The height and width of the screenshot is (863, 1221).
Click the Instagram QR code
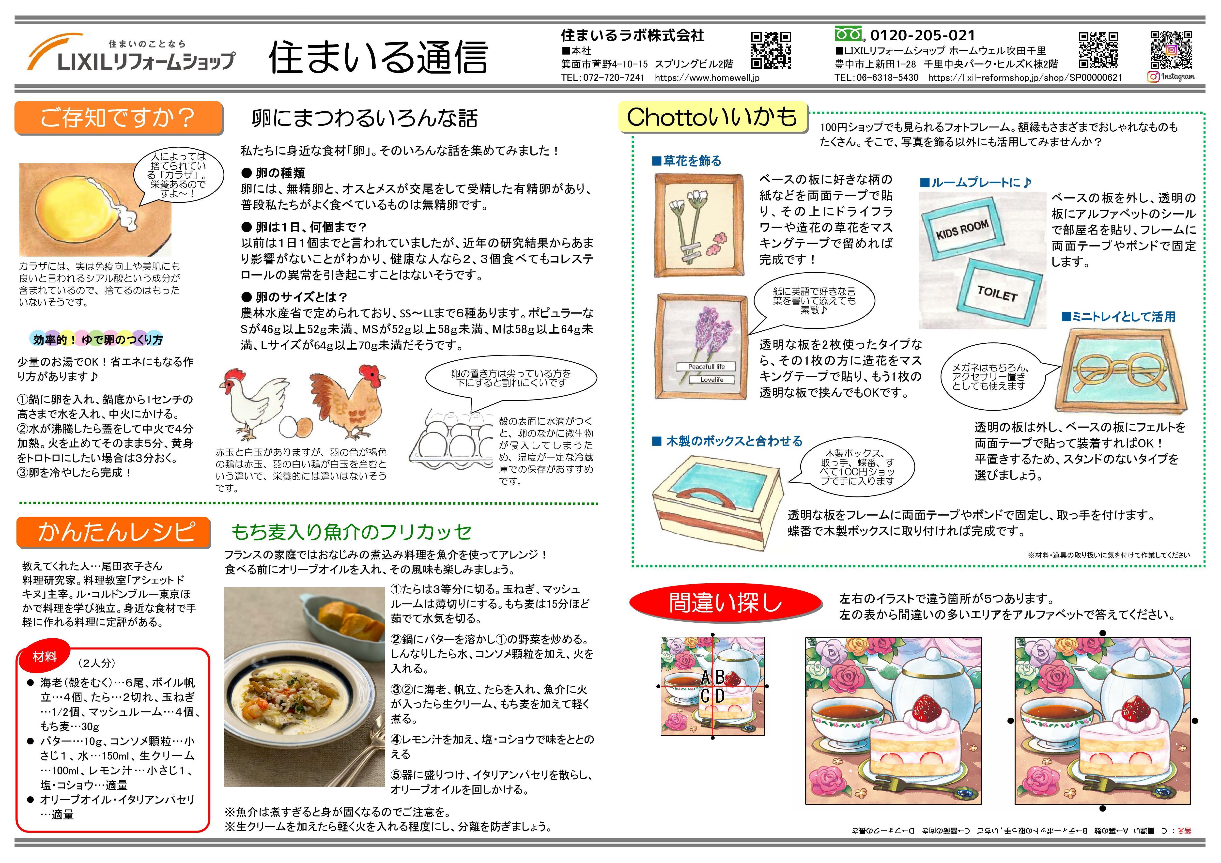[1172, 50]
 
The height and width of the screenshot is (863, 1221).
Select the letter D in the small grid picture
[719, 696]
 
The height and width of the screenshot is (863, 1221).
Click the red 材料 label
[45, 657]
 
